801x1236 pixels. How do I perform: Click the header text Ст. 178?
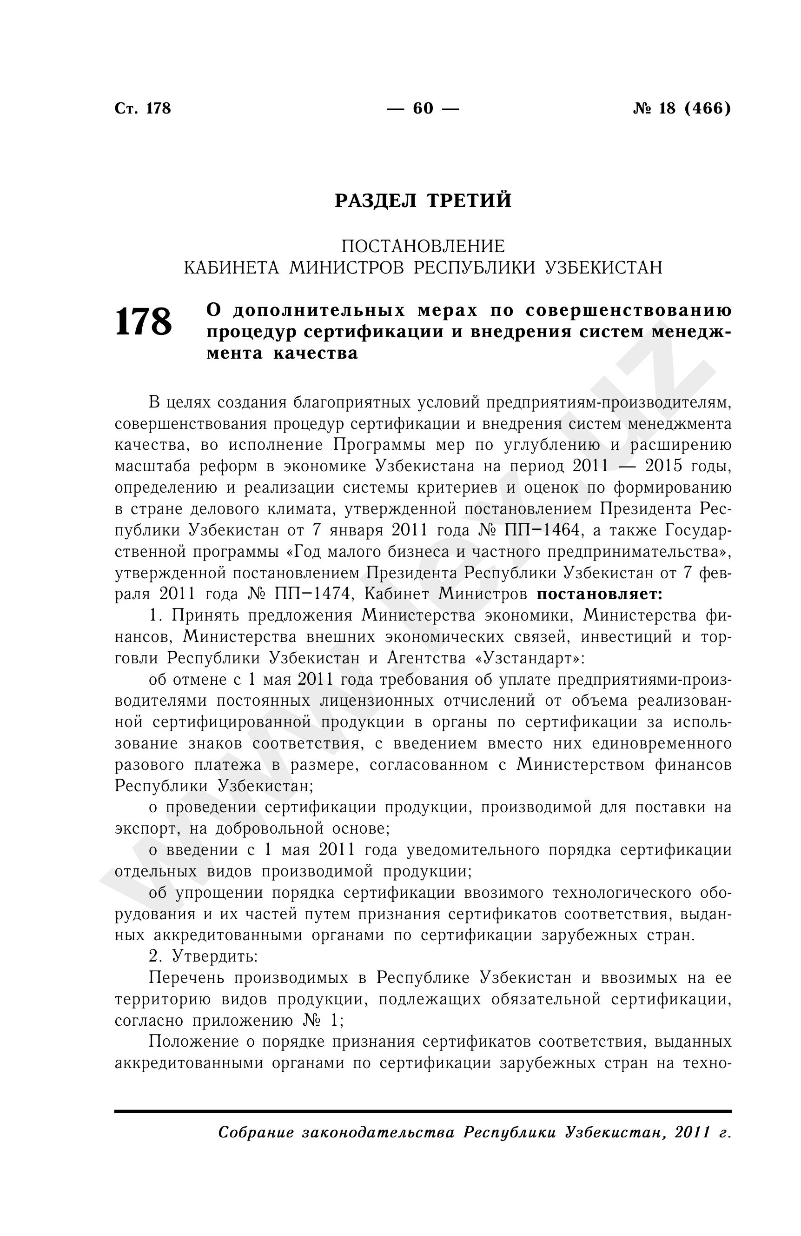point(142,108)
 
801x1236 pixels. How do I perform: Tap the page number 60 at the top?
point(423,108)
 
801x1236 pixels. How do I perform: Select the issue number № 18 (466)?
point(681,108)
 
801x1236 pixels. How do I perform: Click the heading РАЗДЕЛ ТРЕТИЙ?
point(423,200)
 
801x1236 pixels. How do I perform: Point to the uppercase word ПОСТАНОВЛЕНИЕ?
point(423,246)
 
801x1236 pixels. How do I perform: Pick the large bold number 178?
point(143,322)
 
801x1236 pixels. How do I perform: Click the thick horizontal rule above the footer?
point(423,1111)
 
